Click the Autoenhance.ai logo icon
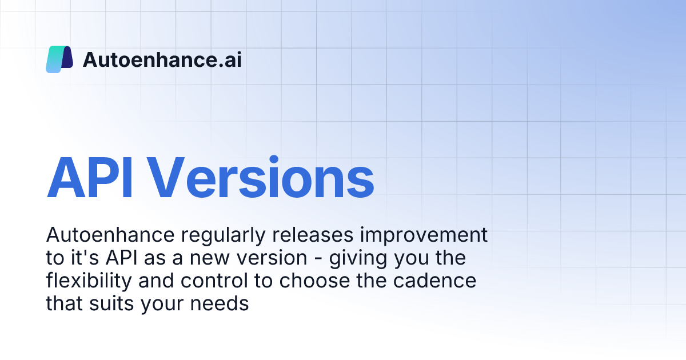tap(59, 59)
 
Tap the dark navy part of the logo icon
tap(67, 57)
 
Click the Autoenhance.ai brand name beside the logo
tap(162, 59)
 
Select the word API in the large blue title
tap(89, 178)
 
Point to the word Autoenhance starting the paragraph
tap(110, 235)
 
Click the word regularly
tap(223, 235)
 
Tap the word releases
tap(313, 235)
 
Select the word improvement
tap(424, 235)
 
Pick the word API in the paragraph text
tap(121, 258)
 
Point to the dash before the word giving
tap(318, 259)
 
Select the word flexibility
tap(89, 281)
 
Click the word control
tap(214, 281)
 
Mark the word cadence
tap(435, 281)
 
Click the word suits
tap(112, 303)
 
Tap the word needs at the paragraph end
tap(220, 303)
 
